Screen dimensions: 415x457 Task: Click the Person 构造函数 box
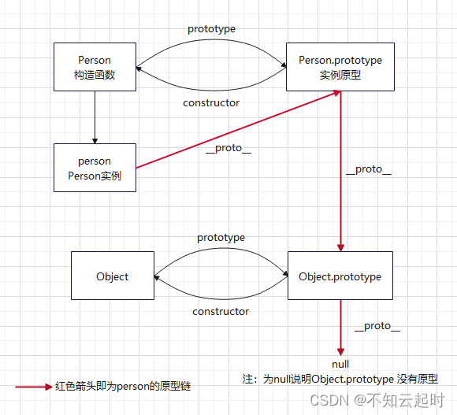click(95, 66)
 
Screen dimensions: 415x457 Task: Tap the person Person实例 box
click(95, 168)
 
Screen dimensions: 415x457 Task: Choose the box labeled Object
click(112, 276)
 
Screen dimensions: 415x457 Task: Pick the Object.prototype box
click(340, 276)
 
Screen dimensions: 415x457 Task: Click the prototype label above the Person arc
click(211, 29)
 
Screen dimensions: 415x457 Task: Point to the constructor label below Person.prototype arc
click(211, 102)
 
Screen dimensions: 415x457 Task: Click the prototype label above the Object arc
click(221, 237)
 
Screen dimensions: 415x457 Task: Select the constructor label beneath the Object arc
click(221, 311)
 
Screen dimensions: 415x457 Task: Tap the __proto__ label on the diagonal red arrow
click(228, 150)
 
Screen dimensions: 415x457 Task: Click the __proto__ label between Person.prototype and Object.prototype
click(368, 169)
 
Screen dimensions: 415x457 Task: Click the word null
click(340, 365)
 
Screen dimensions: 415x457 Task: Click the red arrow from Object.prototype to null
click(340, 327)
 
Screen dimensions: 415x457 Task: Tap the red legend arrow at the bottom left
click(33, 387)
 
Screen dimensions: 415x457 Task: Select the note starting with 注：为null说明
click(340, 379)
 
